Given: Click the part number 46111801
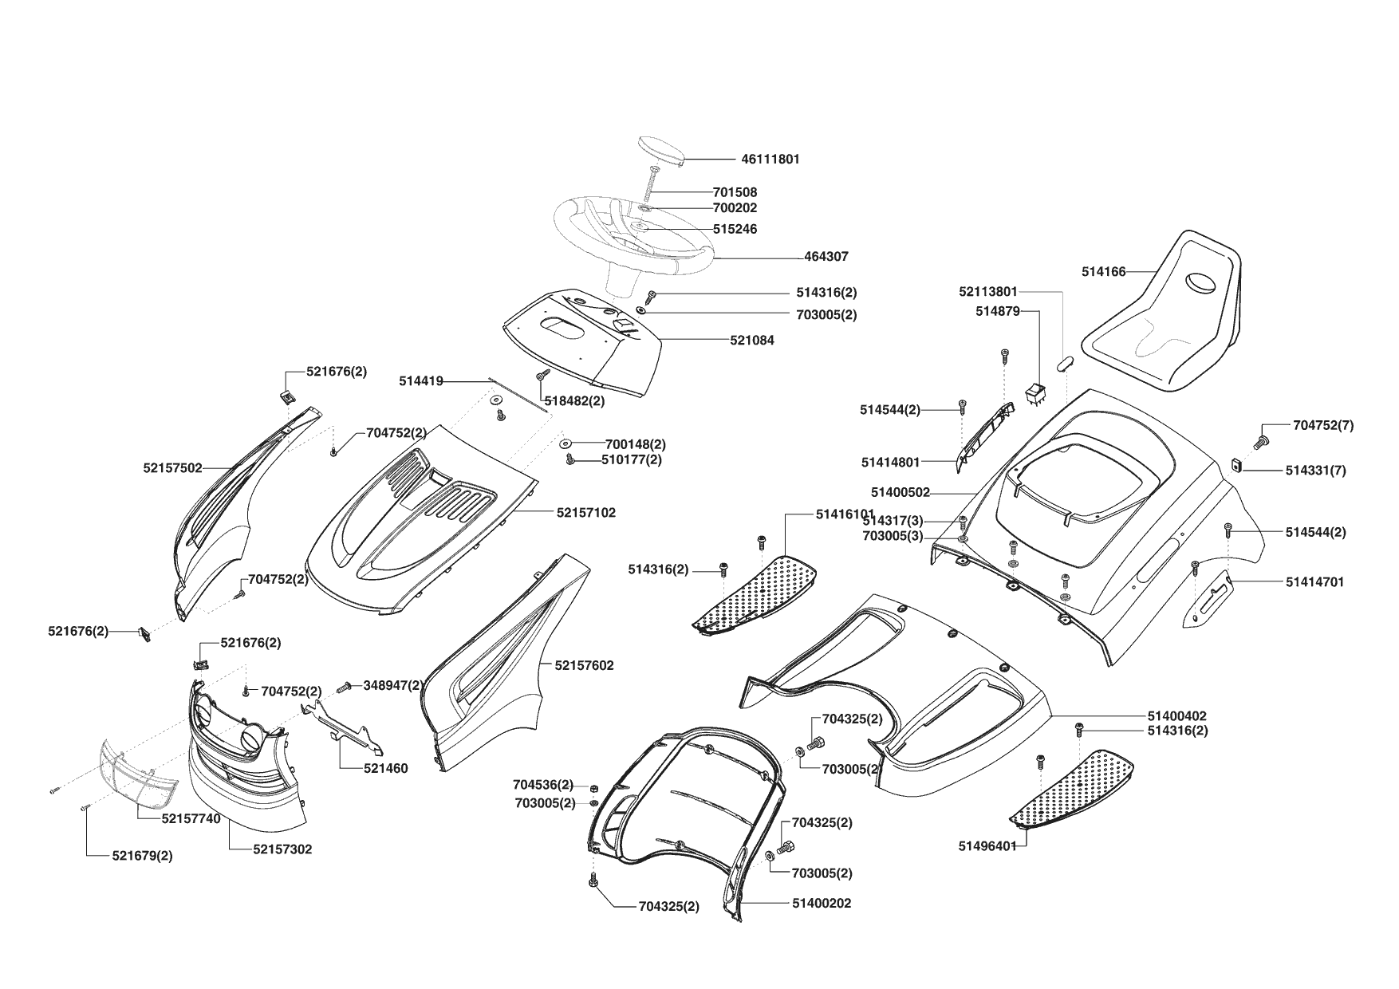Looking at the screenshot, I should point(770,160).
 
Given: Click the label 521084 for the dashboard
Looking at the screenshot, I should point(751,341).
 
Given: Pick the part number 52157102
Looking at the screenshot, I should point(585,513).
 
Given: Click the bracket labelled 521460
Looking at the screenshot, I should point(343,727).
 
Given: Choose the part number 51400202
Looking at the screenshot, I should point(822,904).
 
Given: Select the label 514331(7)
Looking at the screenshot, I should point(1315,471).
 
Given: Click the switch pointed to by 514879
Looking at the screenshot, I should point(1034,394).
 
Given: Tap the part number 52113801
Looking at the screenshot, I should point(988,292).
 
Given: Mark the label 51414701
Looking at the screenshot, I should point(1314,582).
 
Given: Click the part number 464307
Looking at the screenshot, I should point(826,257).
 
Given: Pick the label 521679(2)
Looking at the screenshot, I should point(142,856).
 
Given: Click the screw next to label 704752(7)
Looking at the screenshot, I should point(1261,438).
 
